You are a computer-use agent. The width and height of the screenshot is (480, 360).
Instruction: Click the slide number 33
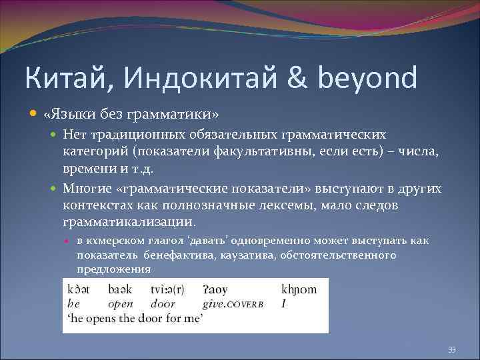pyautogui.click(x=452, y=350)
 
